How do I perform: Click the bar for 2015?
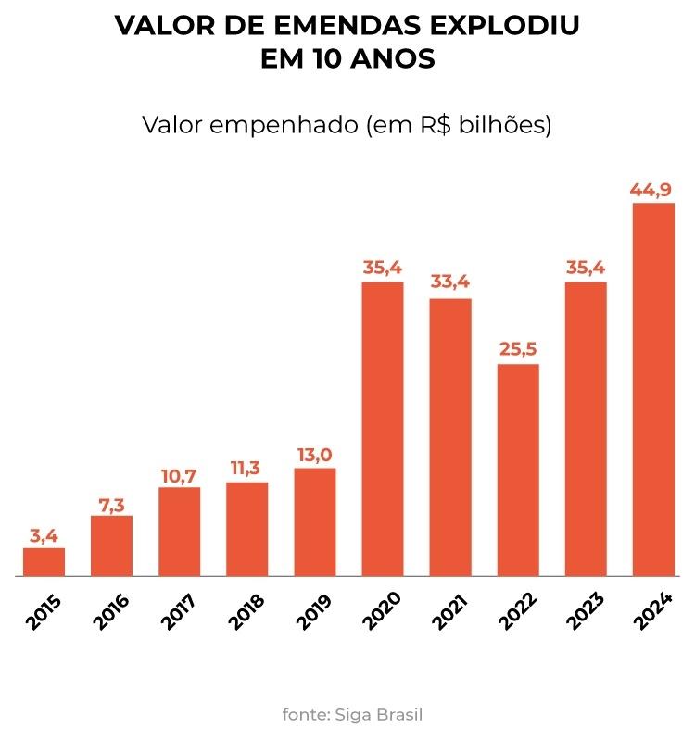(44, 562)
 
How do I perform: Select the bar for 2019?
(314, 522)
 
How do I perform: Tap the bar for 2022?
(517, 470)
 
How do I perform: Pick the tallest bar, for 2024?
(652, 389)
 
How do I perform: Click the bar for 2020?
(382, 429)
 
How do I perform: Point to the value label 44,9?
(652, 191)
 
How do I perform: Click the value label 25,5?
(517, 351)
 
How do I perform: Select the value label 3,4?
(44, 535)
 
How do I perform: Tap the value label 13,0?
(314, 455)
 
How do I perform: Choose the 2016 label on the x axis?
(111, 611)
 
